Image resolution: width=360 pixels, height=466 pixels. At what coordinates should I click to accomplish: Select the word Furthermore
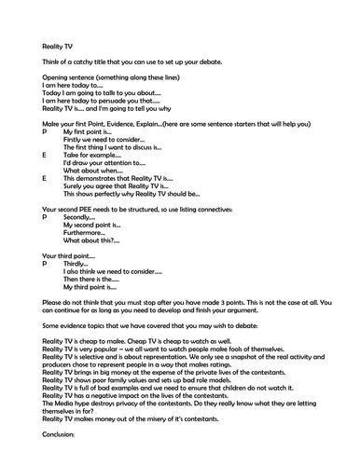tap(85, 232)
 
